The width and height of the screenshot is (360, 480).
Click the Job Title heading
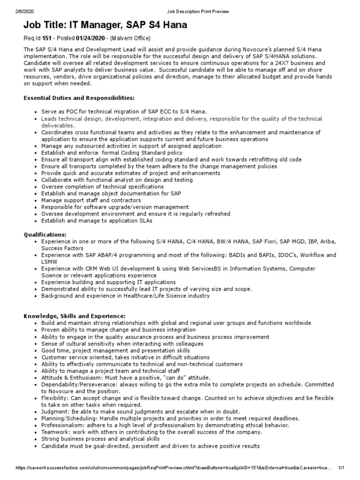click(x=105, y=25)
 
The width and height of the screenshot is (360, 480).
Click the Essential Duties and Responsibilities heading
click(x=79, y=98)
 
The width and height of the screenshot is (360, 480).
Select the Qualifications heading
click(x=45, y=234)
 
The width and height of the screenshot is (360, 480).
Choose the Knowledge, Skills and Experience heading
click(x=75, y=316)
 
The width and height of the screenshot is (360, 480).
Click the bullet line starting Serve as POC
click(x=123, y=112)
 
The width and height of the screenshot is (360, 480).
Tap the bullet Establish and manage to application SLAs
click(x=96, y=220)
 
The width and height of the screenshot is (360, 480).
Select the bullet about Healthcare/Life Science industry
click(x=125, y=296)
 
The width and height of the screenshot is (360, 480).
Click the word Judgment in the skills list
click(x=55, y=411)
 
